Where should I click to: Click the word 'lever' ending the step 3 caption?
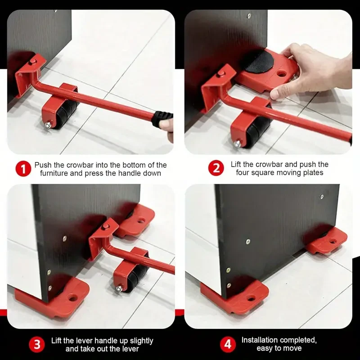point(130,349)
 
